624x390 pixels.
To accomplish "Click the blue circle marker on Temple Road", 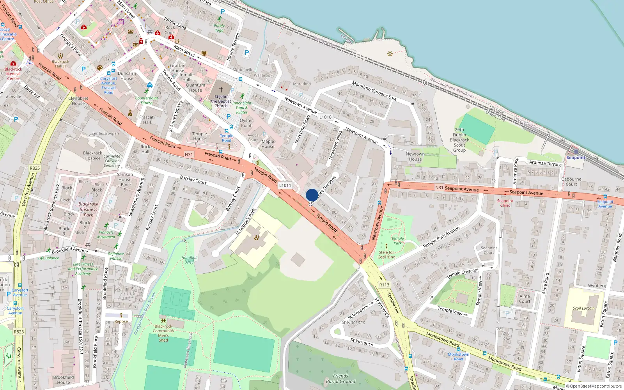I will click(312, 195).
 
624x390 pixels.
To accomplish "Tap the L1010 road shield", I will click(325, 117).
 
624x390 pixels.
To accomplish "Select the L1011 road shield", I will click(285, 186).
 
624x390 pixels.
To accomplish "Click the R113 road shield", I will click(384, 285).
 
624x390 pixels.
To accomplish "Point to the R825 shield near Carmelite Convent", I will click(35, 168).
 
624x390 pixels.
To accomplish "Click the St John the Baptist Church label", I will click(221, 101).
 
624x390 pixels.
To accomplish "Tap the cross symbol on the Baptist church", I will click(221, 90).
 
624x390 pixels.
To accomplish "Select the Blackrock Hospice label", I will click(92, 156).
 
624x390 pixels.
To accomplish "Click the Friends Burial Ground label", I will click(340, 379).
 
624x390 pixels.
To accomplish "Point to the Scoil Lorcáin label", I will click(584, 308).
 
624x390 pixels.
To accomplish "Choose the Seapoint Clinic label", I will click(505, 203).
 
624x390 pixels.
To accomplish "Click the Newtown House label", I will click(415, 156).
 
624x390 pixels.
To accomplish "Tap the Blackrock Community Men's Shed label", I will click(163, 333).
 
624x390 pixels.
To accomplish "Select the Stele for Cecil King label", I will click(386, 255).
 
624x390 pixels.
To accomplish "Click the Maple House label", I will click(268, 144).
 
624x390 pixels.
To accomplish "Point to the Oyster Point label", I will click(246, 123).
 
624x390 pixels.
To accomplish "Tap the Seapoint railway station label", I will click(576, 158).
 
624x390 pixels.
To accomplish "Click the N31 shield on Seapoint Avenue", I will click(439, 188).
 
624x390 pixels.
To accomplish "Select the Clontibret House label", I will click(78, 101).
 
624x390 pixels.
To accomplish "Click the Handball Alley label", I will click(190, 260).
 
